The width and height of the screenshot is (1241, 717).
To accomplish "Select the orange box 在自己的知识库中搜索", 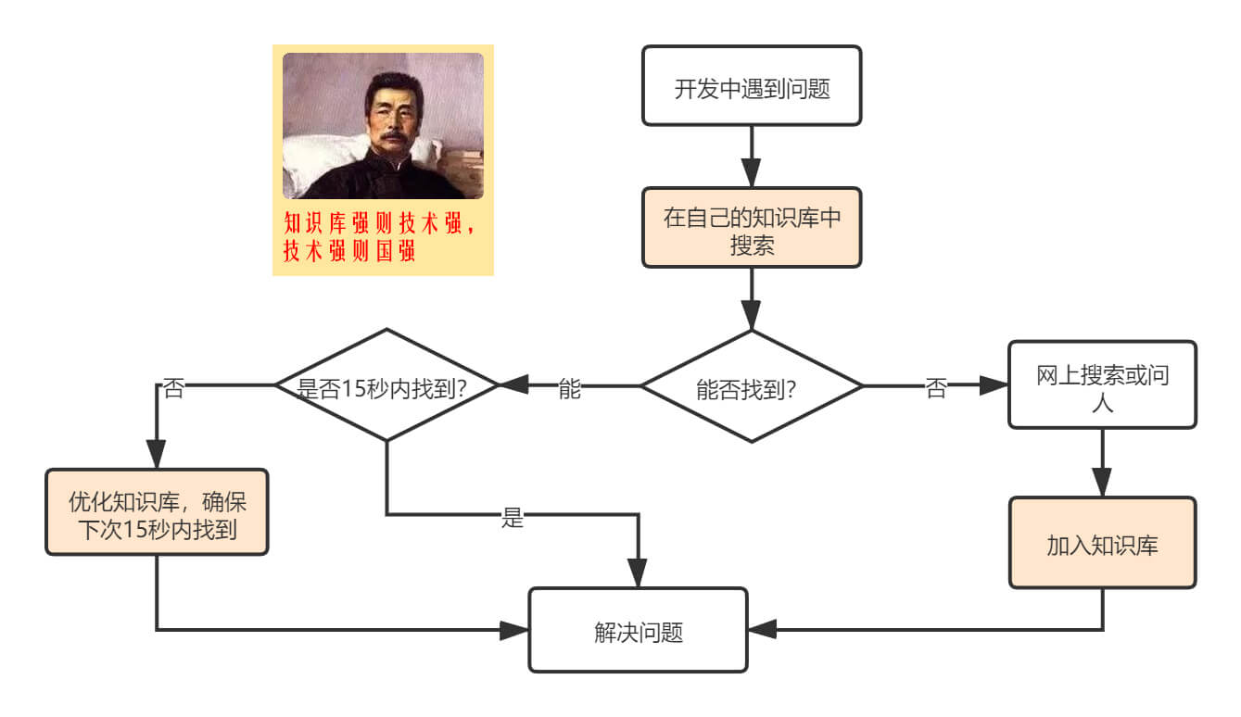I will click(x=752, y=228).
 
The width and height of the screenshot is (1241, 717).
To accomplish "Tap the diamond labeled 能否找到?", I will click(x=752, y=386).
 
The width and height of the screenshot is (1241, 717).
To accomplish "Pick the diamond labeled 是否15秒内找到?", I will click(x=386, y=385).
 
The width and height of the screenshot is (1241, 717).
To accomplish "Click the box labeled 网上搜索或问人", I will click(x=1102, y=385).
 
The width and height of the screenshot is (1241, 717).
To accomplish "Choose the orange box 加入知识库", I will click(x=1102, y=544).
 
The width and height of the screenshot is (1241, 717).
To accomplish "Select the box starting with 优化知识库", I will click(x=157, y=512).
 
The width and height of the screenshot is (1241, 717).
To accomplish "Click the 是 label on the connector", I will click(x=513, y=518).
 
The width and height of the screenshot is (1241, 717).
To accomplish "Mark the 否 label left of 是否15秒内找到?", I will click(x=172, y=388).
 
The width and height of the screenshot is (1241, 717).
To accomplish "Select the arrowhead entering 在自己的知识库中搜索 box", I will click(x=752, y=176).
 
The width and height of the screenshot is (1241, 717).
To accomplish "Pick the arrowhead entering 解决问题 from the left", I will click(x=514, y=630).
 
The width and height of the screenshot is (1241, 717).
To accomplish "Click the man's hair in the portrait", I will click(x=393, y=83).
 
